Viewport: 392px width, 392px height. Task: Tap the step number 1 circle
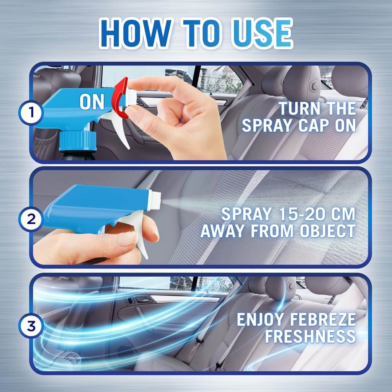tap(31, 112)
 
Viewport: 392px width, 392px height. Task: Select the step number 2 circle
tap(31, 219)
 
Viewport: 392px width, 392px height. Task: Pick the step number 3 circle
tap(31, 326)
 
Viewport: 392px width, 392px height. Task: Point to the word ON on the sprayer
tap(92, 102)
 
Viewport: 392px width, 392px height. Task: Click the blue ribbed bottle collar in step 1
tap(78, 141)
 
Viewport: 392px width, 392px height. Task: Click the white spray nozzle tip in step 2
tap(155, 200)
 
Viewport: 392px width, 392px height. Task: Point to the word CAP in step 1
tap(314, 125)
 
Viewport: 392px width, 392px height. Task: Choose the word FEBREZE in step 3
tap(323, 320)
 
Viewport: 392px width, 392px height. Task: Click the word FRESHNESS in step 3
tap(310, 336)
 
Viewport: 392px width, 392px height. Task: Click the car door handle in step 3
tap(142, 299)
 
